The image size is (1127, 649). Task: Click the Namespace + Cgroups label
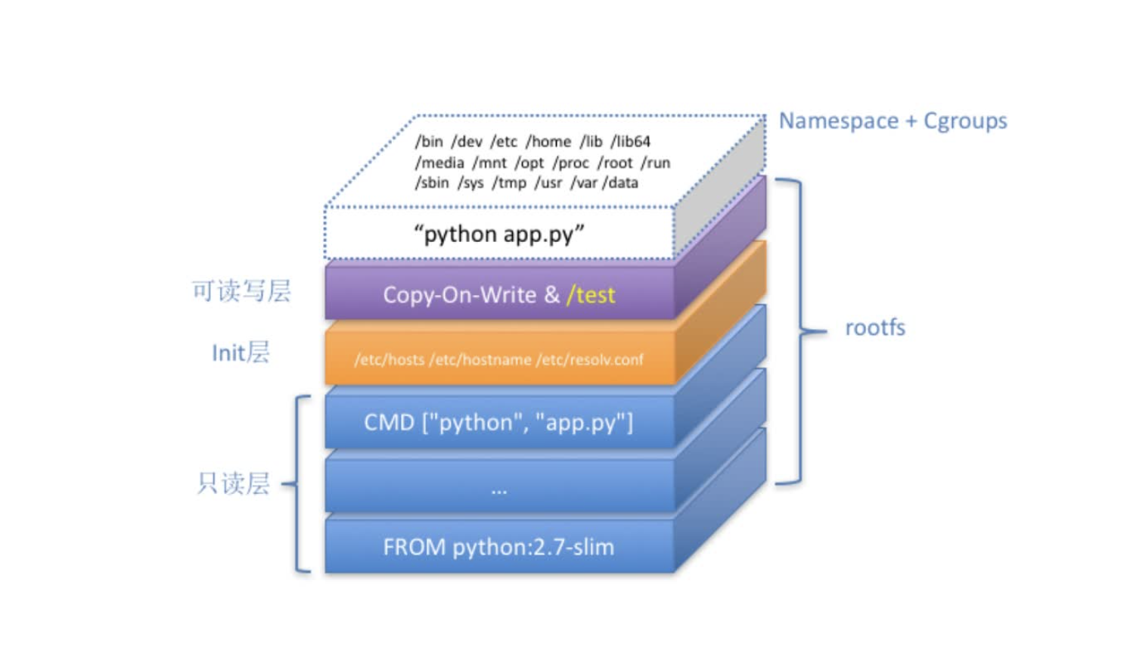tap(893, 121)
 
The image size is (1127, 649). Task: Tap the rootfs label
tap(874, 328)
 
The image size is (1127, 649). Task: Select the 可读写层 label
tap(241, 291)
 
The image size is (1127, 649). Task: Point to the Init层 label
tap(241, 352)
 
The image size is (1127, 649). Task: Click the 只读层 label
tap(233, 483)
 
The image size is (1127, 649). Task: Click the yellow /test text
tap(591, 295)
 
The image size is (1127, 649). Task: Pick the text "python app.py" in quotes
tap(499, 234)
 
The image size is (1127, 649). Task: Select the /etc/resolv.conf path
tap(590, 360)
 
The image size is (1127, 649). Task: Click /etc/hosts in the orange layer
tap(390, 360)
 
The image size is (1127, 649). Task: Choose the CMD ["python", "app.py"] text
tap(498, 422)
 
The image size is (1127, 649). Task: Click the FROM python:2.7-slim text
tap(498, 547)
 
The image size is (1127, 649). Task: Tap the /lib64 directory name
tap(631, 141)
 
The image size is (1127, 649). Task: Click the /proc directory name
tap(570, 163)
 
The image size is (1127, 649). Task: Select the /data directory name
tap(620, 183)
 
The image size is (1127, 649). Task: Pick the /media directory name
tap(439, 163)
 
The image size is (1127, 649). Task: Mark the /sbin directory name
tap(432, 183)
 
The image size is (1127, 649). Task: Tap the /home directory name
tap(548, 141)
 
